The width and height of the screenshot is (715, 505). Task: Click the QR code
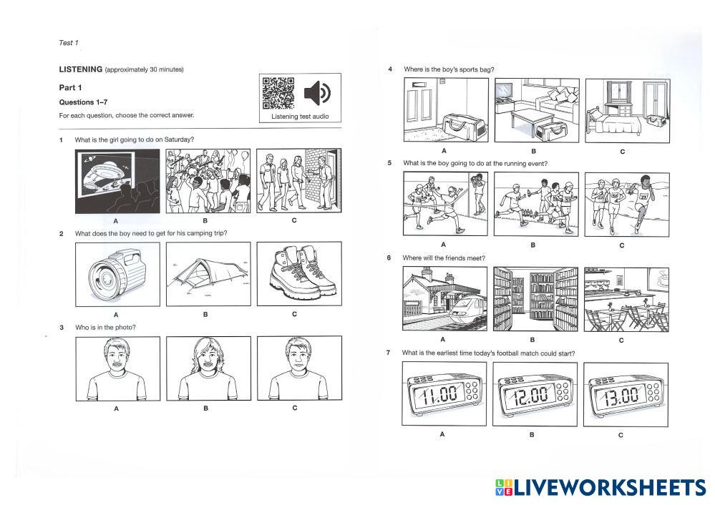(278, 93)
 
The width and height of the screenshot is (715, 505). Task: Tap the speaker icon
(317, 93)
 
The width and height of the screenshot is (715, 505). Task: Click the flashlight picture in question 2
(117, 275)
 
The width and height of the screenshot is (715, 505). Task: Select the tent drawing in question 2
(208, 274)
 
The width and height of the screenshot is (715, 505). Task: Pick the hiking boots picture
(299, 274)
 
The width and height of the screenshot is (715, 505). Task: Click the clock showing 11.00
(444, 394)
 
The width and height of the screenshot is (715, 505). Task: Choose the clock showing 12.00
(535, 394)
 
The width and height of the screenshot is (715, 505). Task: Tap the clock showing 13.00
(626, 395)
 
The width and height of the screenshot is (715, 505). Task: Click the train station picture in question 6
(444, 298)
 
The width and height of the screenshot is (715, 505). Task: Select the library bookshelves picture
(536, 299)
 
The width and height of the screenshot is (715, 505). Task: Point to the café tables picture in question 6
(626, 300)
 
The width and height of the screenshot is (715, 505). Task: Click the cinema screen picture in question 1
(117, 182)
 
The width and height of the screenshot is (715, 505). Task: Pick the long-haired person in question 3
(208, 368)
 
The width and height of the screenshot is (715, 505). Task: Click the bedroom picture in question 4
(628, 111)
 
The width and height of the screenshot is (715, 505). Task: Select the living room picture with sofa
(538, 110)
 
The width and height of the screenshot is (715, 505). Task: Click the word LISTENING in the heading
(81, 69)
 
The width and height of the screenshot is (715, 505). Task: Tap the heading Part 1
(70, 87)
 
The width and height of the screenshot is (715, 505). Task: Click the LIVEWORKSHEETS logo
(601, 488)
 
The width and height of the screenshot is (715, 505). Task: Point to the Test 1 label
(69, 43)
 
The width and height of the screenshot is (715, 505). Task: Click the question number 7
(388, 353)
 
